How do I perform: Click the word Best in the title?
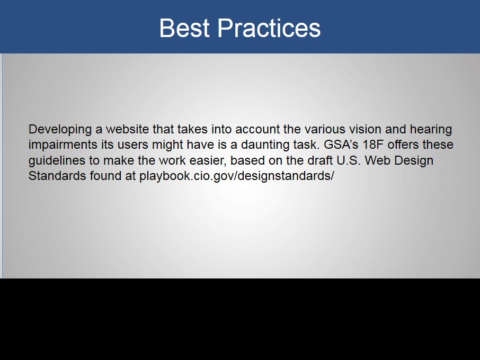pyautogui.click(x=184, y=28)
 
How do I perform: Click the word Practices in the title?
pyautogui.click(x=269, y=28)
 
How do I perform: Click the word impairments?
pyautogui.click(x=63, y=145)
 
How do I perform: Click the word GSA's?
pyautogui.click(x=341, y=145)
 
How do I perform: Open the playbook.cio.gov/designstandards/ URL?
pyautogui.click(x=237, y=176)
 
